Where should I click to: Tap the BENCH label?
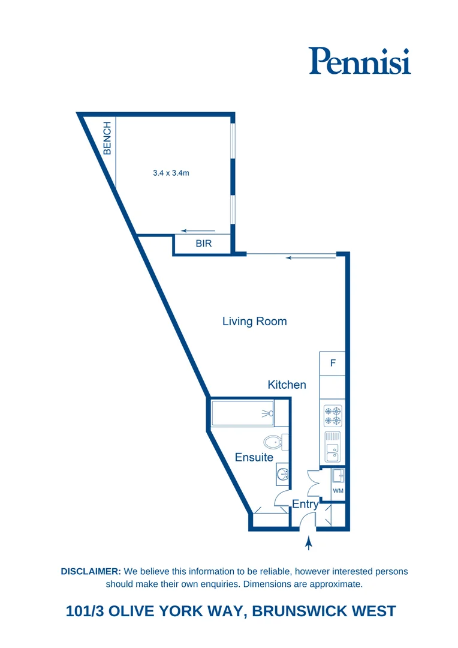pos(107,139)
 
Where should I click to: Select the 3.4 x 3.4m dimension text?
pos(171,173)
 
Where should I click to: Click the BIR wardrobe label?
pos(204,244)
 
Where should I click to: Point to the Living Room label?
pos(254,322)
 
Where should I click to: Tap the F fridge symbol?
pos(333,364)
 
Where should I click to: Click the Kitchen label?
pos(287,385)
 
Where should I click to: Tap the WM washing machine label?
pos(338,491)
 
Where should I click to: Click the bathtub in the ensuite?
pos(243,413)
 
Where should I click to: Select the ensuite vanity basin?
pos(282,475)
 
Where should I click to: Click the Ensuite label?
pos(254,457)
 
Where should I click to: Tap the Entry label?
pos(305,505)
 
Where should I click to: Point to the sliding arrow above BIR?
pos(198,231)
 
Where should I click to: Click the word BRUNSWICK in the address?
pos(303,611)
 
